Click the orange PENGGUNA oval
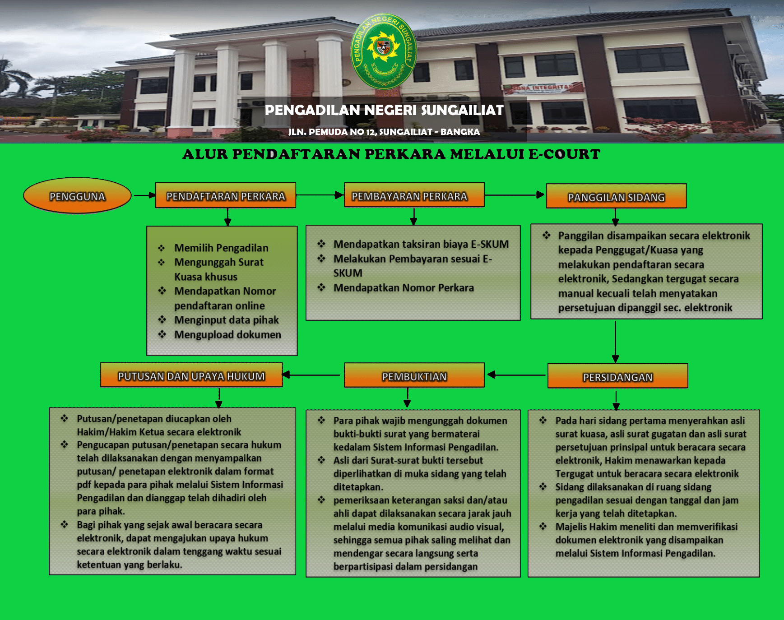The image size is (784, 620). [77, 195]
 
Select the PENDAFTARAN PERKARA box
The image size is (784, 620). [226, 195]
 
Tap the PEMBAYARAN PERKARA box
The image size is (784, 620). [414, 195]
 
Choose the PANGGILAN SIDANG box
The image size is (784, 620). [616, 196]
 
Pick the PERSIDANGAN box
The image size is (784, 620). [617, 376]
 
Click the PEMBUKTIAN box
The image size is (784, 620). [414, 375]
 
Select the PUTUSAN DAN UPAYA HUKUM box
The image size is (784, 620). [191, 375]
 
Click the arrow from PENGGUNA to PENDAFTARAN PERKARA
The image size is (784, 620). [144, 195]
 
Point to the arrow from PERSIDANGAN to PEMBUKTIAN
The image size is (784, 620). [516, 375]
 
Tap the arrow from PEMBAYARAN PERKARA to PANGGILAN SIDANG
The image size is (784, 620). [515, 195]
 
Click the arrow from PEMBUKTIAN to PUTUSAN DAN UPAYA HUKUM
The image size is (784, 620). [311, 375]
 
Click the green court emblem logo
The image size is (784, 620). [384, 51]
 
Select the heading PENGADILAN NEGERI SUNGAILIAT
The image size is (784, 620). [384, 110]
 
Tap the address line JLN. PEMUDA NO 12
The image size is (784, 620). [384, 132]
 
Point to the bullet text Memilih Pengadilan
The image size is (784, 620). [221, 248]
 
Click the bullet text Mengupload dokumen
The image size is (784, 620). [227, 334]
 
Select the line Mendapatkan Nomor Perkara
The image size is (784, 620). [404, 287]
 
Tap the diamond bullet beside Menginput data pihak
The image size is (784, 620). [162, 319]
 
